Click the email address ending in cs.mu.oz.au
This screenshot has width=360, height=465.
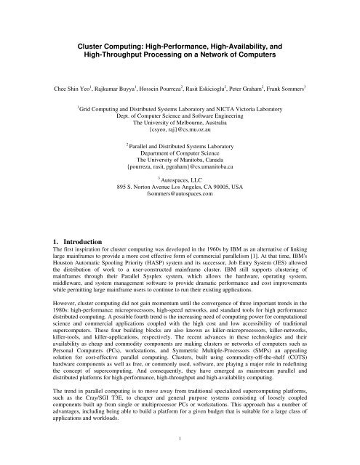tap(180, 135)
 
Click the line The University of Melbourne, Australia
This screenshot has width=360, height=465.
tap(180, 127)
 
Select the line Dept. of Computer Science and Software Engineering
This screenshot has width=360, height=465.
tap(180, 119)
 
